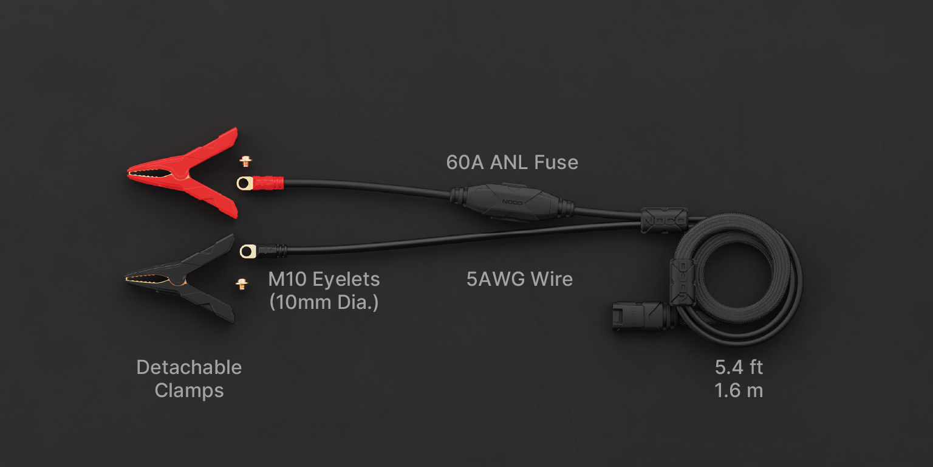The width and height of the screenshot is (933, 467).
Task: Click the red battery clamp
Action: pyautogui.click(x=188, y=173)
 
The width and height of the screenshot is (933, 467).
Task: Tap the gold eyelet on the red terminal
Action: pyautogui.click(x=245, y=183)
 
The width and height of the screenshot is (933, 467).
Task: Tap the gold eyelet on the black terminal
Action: pyautogui.click(x=248, y=251)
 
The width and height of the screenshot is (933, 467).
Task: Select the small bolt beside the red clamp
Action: pyautogui.click(x=246, y=161)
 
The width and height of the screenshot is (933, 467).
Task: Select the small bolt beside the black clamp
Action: pyautogui.click(x=242, y=284)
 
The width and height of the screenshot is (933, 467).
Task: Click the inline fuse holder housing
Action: pyautogui.click(x=512, y=202)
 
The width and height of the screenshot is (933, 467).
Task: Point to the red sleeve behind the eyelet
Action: pyautogui.click(x=268, y=183)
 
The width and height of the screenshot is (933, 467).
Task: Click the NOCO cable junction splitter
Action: pyautogui.click(x=664, y=220)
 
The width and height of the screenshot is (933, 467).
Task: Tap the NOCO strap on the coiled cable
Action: pyautogui.click(x=682, y=282)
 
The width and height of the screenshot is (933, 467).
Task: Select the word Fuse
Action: pyautogui.click(x=556, y=162)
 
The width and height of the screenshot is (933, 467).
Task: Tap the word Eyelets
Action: pyautogui.click(x=346, y=279)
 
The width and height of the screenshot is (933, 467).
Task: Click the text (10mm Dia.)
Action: pyautogui.click(x=324, y=302)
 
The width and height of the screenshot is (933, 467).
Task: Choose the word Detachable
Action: pyautogui.click(x=189, y=368)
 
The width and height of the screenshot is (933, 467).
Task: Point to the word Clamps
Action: pyautogui.click(x=189, y=391)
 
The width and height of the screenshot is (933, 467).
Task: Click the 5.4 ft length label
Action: pyautogui.click(x=739, y=368)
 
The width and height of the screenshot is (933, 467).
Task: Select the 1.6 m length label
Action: pyautogui.click(x=739, y=391)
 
